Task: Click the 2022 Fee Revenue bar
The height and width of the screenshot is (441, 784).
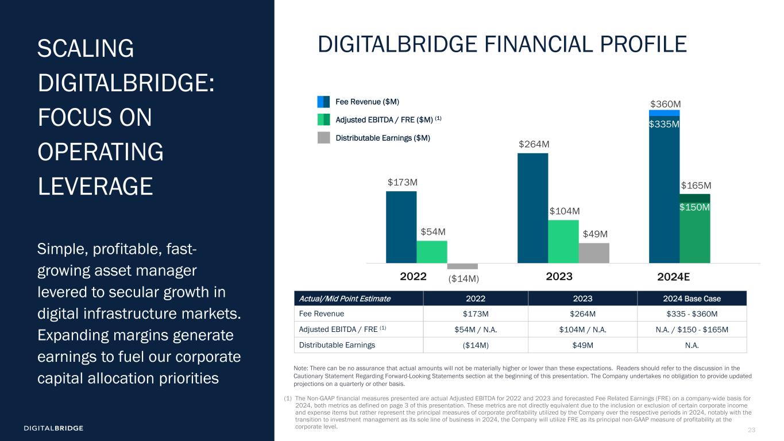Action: click(401, 227)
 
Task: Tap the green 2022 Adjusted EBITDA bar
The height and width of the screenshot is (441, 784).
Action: click(432, 252)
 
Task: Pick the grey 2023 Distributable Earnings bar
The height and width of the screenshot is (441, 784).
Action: click(594, 253)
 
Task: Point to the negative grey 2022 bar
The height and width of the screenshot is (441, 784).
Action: click(462, 266)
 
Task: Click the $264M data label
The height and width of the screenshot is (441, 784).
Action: click(533, 144)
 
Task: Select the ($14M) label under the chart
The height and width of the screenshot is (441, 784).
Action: click(463, 278)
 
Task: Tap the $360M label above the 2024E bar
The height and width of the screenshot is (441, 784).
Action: click(665, 104)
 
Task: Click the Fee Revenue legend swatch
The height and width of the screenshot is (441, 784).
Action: click(323, 102)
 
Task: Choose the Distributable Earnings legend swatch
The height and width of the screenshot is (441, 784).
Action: click(323, 138)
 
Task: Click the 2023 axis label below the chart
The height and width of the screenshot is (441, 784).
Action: click(559, 276)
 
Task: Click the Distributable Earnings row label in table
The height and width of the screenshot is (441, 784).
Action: click(336, 345)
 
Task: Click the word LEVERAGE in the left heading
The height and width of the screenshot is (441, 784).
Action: click(95, 187)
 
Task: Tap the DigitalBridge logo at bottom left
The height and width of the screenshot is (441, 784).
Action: click(53, 428)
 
